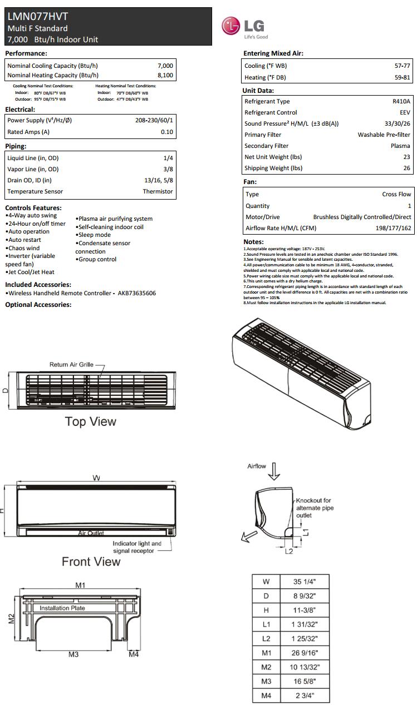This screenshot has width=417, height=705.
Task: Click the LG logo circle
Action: click(231, 26)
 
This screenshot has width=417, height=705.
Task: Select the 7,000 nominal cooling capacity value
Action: click(165, 66)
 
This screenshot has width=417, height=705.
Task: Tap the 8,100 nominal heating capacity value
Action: click(165, 75)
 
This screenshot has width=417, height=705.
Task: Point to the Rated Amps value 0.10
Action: click(167, 132)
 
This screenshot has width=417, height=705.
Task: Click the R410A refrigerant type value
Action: click(401, 101)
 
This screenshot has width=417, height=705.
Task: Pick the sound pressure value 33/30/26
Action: click(398, 123)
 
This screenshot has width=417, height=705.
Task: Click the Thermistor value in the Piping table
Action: click(158, 191)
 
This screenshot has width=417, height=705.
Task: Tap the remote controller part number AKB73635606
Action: click(136, 293)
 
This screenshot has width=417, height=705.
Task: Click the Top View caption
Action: click(90, 421)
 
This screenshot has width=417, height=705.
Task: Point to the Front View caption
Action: click(91, 562)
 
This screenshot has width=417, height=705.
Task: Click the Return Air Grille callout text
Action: click(71, 365)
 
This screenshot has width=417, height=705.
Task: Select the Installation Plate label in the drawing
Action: click(62, 608)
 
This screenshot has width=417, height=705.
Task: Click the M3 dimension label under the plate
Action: click(73, 654)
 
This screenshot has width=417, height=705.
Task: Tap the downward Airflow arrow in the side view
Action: click(274, 471)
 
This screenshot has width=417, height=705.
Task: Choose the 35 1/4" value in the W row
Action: click(304, 582)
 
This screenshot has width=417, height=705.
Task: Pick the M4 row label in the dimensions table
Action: click(266, 695)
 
